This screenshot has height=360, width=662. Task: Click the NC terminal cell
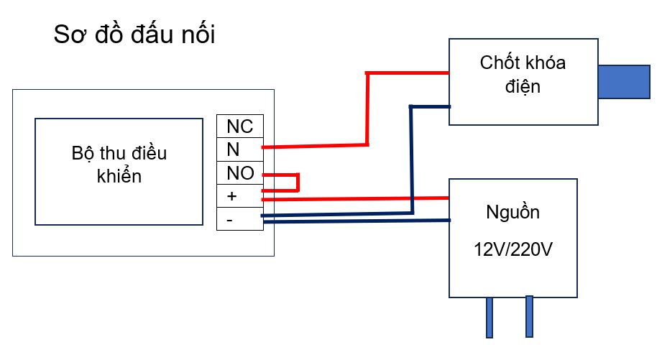tap(240, 126)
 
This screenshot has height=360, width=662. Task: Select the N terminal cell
tap(240, 149)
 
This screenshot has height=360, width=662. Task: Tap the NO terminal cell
tap(240, 173)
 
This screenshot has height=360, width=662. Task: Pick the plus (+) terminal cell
tap(240, 196)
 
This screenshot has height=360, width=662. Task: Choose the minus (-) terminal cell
tap(240, 219)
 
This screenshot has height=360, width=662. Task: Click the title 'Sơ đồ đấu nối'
tap(134, 35)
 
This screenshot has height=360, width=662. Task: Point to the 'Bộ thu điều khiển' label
tap(119, 165)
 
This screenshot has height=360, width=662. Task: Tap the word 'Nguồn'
tap(512, 213)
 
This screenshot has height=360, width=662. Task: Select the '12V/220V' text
tap(514, 250)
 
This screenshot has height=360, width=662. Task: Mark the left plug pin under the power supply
tap(489, 316)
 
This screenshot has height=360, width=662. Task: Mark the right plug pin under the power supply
tap(530, 316)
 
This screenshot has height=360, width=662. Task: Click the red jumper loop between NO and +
tap(297, 183)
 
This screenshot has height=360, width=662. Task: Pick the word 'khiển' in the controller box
tap(119, 176)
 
